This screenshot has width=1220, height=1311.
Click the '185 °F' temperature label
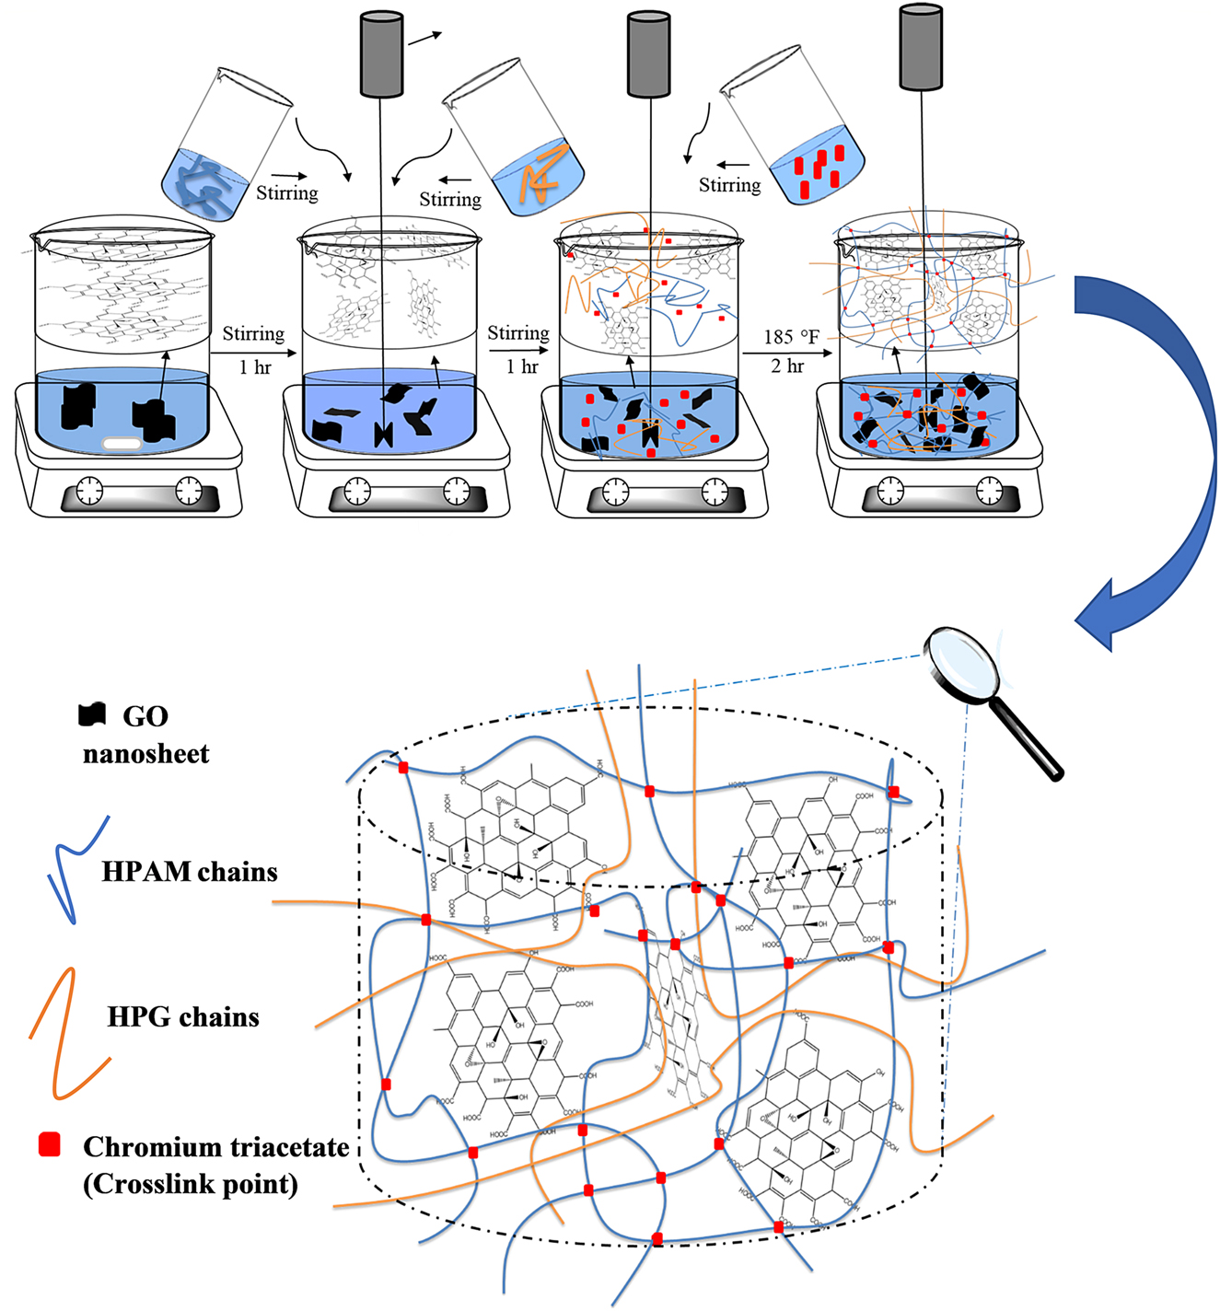(791, 337)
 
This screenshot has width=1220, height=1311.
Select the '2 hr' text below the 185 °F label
(787, 365)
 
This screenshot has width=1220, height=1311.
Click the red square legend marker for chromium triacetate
(50, 1144)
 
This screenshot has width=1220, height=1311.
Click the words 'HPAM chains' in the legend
(189, 872)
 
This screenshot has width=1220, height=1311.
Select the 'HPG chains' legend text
(183, 1017)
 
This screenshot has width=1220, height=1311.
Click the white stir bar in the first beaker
(122, 444)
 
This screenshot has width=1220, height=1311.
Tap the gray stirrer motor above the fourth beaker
(921, 48)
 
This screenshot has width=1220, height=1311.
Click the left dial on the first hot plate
(89, 491)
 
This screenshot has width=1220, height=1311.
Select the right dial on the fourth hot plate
(990, 491)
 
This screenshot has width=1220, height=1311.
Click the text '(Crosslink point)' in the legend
(191, 1184)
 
